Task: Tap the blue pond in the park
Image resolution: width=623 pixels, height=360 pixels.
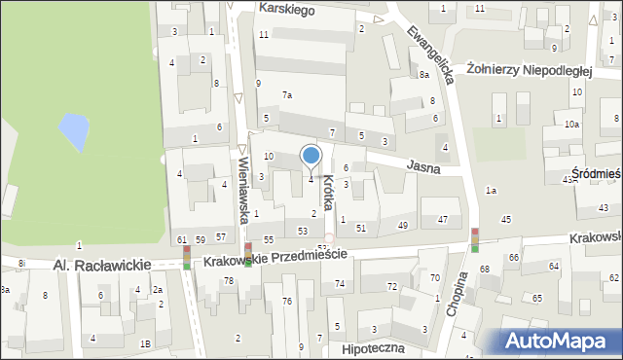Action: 71,126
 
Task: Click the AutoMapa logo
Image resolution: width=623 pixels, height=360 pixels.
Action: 562,340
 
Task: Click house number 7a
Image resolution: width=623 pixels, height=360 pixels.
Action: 287,94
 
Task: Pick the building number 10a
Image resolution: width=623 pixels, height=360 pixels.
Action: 572,124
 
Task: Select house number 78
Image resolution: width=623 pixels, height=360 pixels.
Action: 229,280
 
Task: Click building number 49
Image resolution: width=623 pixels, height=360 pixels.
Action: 403,226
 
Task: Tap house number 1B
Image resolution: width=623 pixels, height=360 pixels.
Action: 145,343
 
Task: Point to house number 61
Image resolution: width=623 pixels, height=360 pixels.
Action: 182,238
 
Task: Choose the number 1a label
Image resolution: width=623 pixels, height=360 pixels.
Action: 492,191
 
